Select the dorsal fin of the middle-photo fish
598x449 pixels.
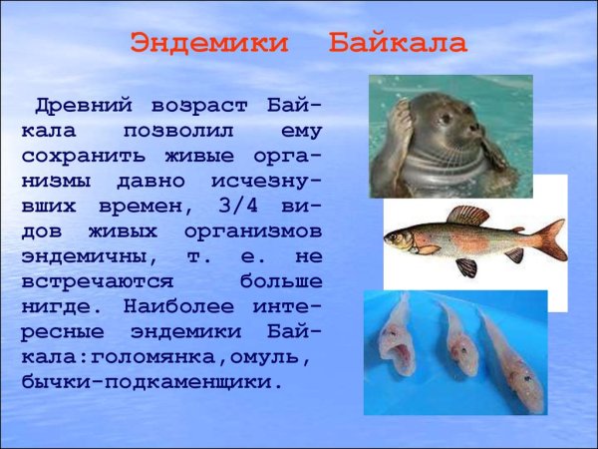(467, 215)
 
